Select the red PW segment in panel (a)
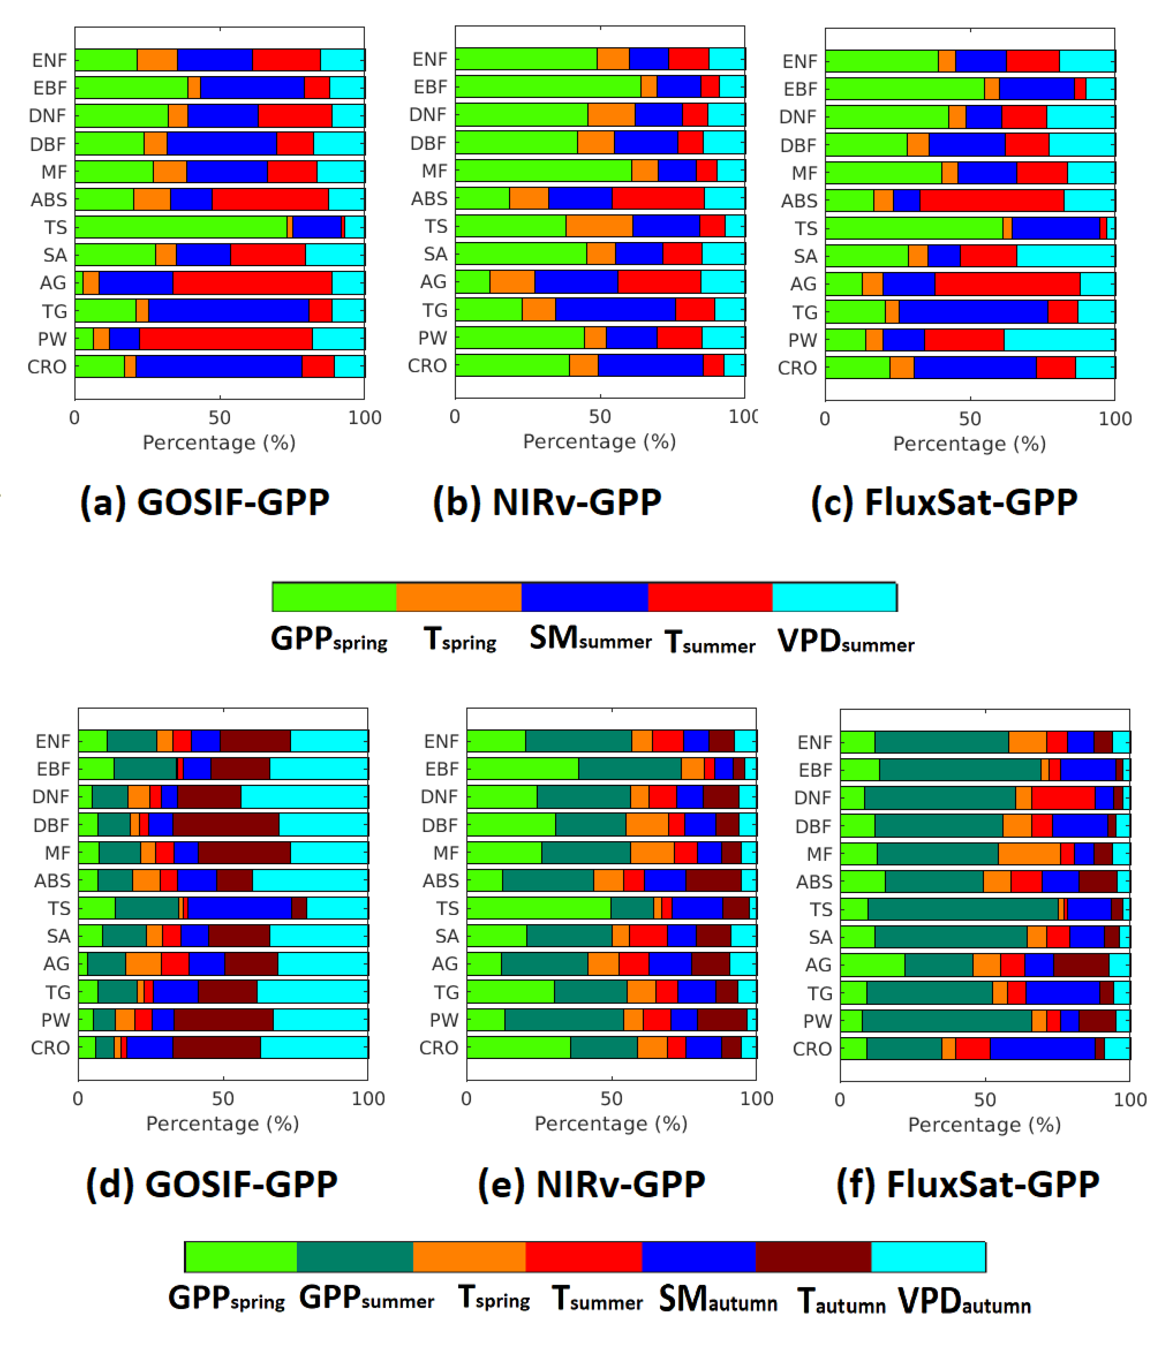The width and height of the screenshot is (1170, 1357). click(x=225, y=339)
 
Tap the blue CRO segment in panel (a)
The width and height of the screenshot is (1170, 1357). click(x=219, y=367)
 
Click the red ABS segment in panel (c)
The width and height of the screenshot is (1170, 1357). click(x=991, y=201)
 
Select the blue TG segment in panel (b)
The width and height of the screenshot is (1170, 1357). click(x=615, y=310)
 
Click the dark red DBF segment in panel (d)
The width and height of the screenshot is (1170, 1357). click(x=226, y=824)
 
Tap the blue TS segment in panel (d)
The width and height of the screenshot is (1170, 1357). click(x=239, y=908)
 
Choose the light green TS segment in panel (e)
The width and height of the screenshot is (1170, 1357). click(x=538, y=908)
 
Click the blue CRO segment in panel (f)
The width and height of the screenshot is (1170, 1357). click(x=1042, y=1049)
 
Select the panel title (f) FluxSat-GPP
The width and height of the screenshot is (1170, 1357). click(x=968, y=1184)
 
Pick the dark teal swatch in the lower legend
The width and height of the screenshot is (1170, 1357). click(x=355, y=1257)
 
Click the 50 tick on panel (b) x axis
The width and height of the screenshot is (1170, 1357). click(x=599, y=416)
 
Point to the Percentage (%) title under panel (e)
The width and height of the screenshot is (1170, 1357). click(x=611, y=1124)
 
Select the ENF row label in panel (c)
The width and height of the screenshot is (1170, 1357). click(x=799, y=62)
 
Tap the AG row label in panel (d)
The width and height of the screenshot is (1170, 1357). click(x=56, y=964)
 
